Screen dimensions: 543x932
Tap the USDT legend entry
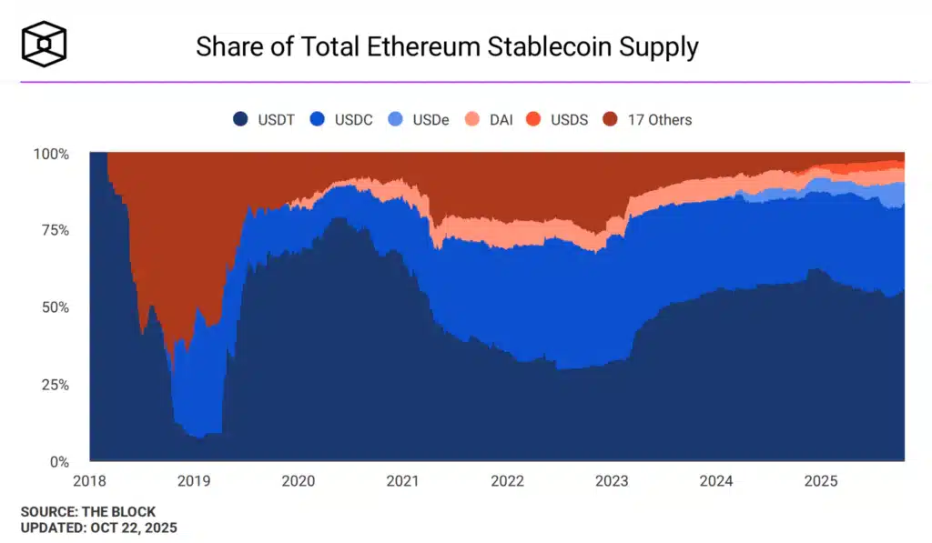tap(264, 119)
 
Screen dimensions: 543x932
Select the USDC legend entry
tap(341, 119)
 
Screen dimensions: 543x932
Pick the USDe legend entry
tap(419, 119)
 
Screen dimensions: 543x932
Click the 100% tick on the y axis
tap(51, 154)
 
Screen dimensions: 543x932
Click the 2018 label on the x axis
tap(89, 480)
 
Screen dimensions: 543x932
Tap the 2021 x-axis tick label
tap(403, 480)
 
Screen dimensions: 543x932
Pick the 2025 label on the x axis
tap(821, 480)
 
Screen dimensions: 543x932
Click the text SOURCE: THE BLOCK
tap(87, 512)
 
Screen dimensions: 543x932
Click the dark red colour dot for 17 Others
tap(611, 119)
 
